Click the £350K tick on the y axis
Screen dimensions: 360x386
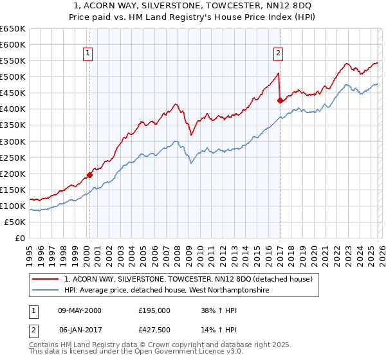pyautogui.click(x=13, y=125)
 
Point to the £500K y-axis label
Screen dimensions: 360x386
pyautogui.click(x=13, y=77)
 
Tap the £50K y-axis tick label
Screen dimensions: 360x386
pyautogui.click(x=15, y=222)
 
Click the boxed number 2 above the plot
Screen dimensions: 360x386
pyautogui.click(x=278, y=54)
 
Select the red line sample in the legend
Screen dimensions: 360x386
pyautogui.click(x=46, y=280)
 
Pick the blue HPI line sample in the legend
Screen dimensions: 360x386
pyautogui.click(x=46, y=291)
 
